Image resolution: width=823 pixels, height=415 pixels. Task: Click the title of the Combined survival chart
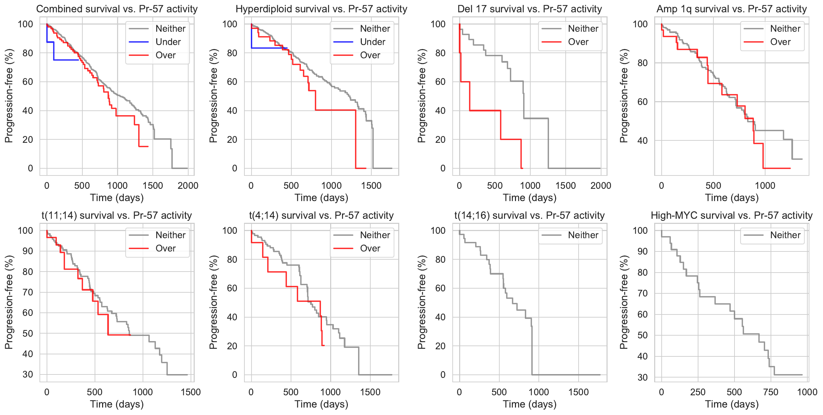117,9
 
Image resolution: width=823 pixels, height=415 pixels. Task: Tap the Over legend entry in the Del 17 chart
578,42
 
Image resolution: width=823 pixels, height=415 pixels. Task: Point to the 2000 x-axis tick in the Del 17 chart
601,186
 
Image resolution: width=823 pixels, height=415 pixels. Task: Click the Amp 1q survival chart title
731,9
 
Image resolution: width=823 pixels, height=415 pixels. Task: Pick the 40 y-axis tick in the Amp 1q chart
642,141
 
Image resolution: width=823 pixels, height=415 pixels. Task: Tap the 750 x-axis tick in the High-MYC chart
771,392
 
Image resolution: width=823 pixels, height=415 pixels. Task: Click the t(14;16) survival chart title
529,215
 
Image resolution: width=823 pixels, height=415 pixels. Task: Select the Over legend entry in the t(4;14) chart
370,248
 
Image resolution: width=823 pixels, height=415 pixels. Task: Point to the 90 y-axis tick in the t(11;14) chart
27,251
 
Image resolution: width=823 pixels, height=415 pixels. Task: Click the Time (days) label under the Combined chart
117,198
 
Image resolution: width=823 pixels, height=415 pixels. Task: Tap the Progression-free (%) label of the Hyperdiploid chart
213,96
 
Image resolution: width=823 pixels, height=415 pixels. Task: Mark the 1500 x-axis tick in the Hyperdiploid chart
371,186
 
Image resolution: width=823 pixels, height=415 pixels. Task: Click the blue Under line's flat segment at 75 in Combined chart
66,60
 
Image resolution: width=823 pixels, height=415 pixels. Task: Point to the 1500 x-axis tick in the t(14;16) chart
578,392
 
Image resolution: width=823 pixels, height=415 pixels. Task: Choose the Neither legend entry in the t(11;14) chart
170,235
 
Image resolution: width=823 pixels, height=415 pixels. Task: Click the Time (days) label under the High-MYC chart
731,404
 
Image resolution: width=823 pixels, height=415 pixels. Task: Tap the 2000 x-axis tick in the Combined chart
188,186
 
